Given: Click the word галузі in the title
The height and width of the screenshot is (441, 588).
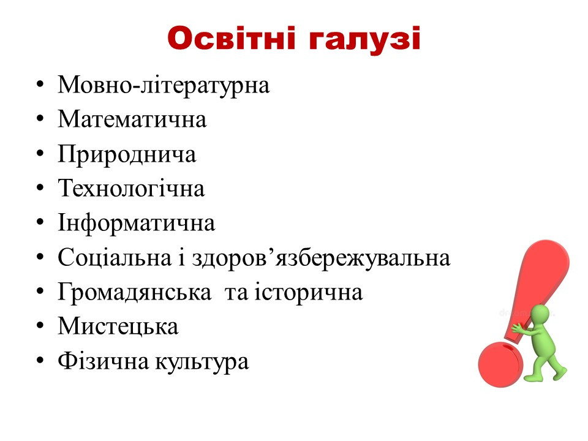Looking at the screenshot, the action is click(x=364, y=40).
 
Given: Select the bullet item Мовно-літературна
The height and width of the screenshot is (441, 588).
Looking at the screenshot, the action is click(x=164, y=85).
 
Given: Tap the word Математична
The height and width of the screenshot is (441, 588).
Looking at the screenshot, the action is click(x=132, y=119).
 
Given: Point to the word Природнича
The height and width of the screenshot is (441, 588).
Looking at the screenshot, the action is click(x=127, y=154).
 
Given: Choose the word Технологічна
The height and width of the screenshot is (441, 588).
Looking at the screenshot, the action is click(x=131, y=188).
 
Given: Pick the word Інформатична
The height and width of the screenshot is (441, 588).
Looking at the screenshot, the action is click(x=137, y=224).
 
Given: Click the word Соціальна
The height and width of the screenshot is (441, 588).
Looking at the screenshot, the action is click(x=115, y=258).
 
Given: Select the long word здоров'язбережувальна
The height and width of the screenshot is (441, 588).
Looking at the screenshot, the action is click(x=321, y=258).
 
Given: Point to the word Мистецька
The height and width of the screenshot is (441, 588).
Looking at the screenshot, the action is click(x=118, y=326).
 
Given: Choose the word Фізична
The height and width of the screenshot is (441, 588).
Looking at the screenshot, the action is click(x=103, y=361).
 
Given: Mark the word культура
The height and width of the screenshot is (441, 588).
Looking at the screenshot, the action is click(x=202, y=362).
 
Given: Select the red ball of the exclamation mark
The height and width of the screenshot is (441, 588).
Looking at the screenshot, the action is click(x=500, y=364).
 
